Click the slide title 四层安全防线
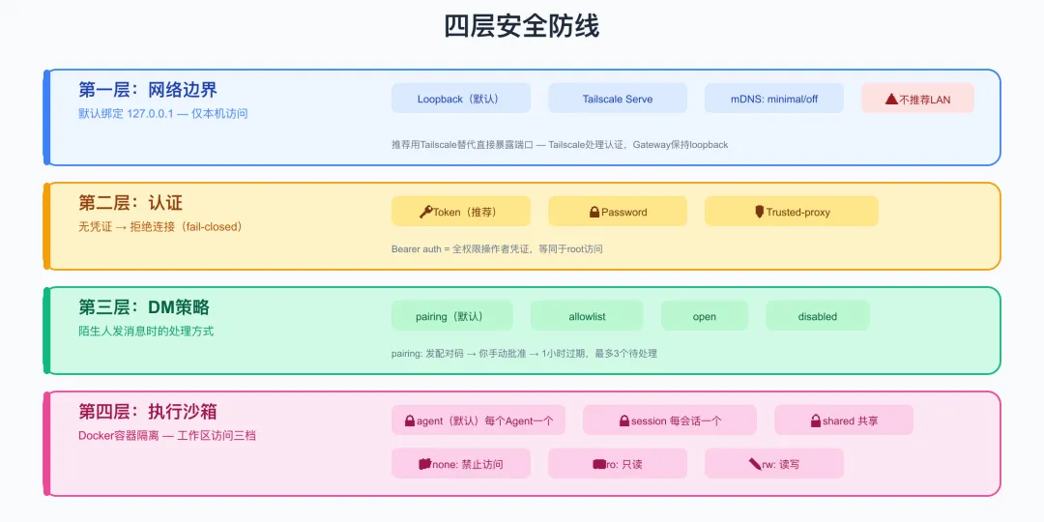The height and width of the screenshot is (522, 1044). pyautogui.click(x=521, y=27)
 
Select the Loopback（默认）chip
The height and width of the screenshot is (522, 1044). pyautogui.click(x=461, y=99)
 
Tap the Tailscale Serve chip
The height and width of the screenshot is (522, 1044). pyautogui.click(x=617, y=99)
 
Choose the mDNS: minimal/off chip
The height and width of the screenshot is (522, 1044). pyautogui.click(x=773, y=99)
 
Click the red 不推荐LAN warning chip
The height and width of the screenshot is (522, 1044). pyautogui.click(x=917, y=99)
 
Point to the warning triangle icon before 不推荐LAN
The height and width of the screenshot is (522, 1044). pyautogui.click(x=891, y=100)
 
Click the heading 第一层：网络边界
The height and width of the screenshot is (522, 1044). pyautogui.click(x=148, y=89)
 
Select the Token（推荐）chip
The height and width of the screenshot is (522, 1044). pyautogui.click(x=461, y=212)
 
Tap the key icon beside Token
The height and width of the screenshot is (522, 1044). pyautogui.click(x=426, y=212)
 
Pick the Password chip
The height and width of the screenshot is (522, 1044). pyautogui.click(x=617, y=212)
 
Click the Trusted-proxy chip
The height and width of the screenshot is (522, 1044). pyautogui.click(x=791, y=212)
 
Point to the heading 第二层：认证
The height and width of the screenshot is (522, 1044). pyautogui.click(x=130, y=202)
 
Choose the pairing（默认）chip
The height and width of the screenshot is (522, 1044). pyautogui.click(x=452, y=316)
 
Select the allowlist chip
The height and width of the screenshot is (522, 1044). pyautogui.click(x=587, y=316)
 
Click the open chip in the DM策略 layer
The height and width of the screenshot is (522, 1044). pyautogui.click(x=705, y=316)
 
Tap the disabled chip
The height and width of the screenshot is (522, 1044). pyautogui.click(x=818, y=316)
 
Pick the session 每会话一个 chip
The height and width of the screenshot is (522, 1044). pyautogui.click(x=670, y=420)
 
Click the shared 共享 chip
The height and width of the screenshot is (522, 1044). pyautogui.click(x=844, y=420)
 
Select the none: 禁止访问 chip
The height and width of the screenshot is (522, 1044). pyautogui.click(x=461, y=463)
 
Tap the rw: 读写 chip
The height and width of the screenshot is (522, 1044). pyautogui.click(x=773, y=463)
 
